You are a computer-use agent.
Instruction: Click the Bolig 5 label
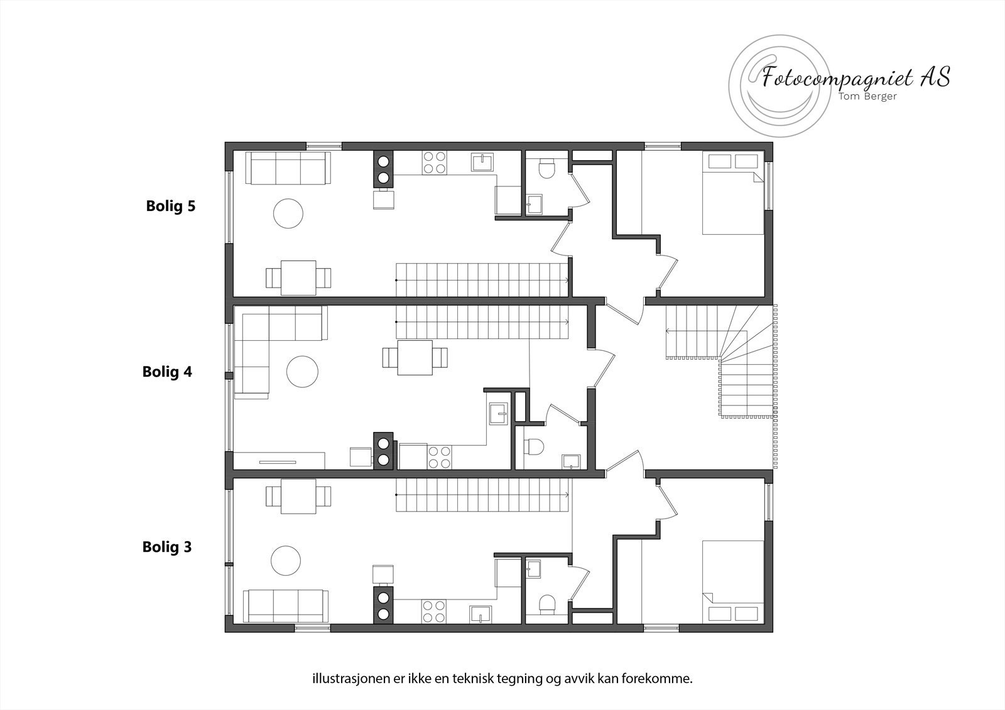[x=171, y=206]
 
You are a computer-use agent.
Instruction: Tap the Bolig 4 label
[x=167, y=372]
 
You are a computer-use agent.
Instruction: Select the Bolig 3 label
[x=167, y=547]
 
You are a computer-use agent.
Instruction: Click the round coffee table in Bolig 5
[x=288, y=213]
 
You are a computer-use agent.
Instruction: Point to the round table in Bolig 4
[x=303, y=372]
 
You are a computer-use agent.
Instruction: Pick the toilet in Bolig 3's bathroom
[x=546, y=604]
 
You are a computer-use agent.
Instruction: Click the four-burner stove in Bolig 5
[x=433, y=163]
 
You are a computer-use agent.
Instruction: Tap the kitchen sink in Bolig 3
[x=481, y=613]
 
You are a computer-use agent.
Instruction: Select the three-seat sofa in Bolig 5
[x=288, y=168]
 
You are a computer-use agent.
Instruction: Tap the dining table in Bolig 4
[x=415, y=357]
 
